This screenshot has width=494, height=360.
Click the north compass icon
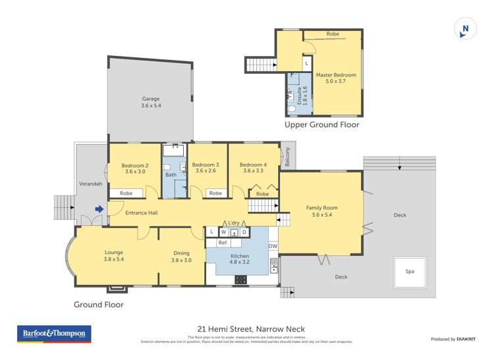465,28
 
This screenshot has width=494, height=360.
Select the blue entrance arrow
99,210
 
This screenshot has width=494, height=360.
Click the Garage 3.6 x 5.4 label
150,102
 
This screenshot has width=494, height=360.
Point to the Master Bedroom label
336,78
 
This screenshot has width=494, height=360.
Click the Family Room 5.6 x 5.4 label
321,211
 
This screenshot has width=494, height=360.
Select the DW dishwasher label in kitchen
273,246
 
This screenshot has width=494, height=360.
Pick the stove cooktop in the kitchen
241,279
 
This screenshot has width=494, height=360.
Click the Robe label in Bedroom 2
125,193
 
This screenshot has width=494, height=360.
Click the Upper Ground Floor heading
321,124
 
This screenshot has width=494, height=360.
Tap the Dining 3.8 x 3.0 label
181,256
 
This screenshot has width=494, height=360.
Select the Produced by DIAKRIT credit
453,339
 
